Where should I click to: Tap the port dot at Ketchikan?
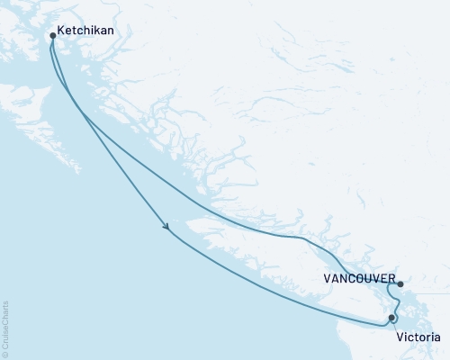coord(52,37)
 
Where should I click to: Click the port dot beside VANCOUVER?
coord(400,284)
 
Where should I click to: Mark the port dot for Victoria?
coord(391,317)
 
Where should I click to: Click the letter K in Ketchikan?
coord(60,28)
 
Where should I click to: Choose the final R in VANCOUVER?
coord(391,278)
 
